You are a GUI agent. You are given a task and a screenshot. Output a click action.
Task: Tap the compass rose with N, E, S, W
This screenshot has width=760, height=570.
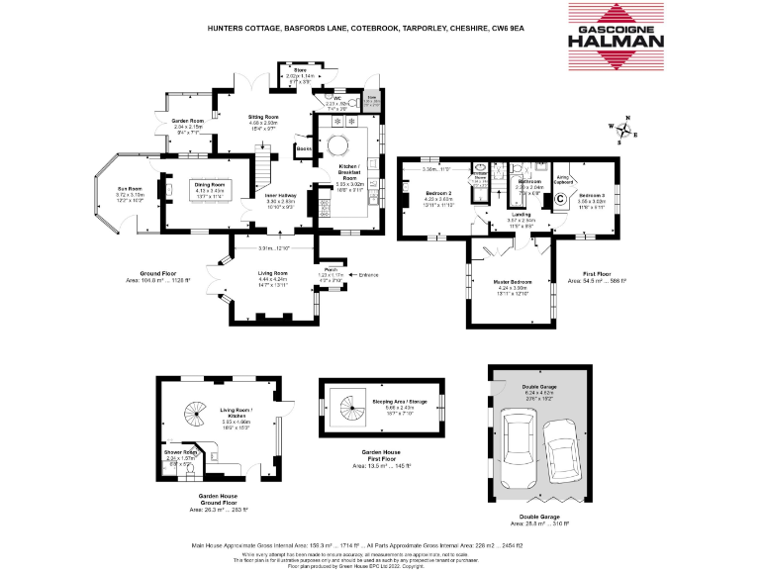tap(624, 130)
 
